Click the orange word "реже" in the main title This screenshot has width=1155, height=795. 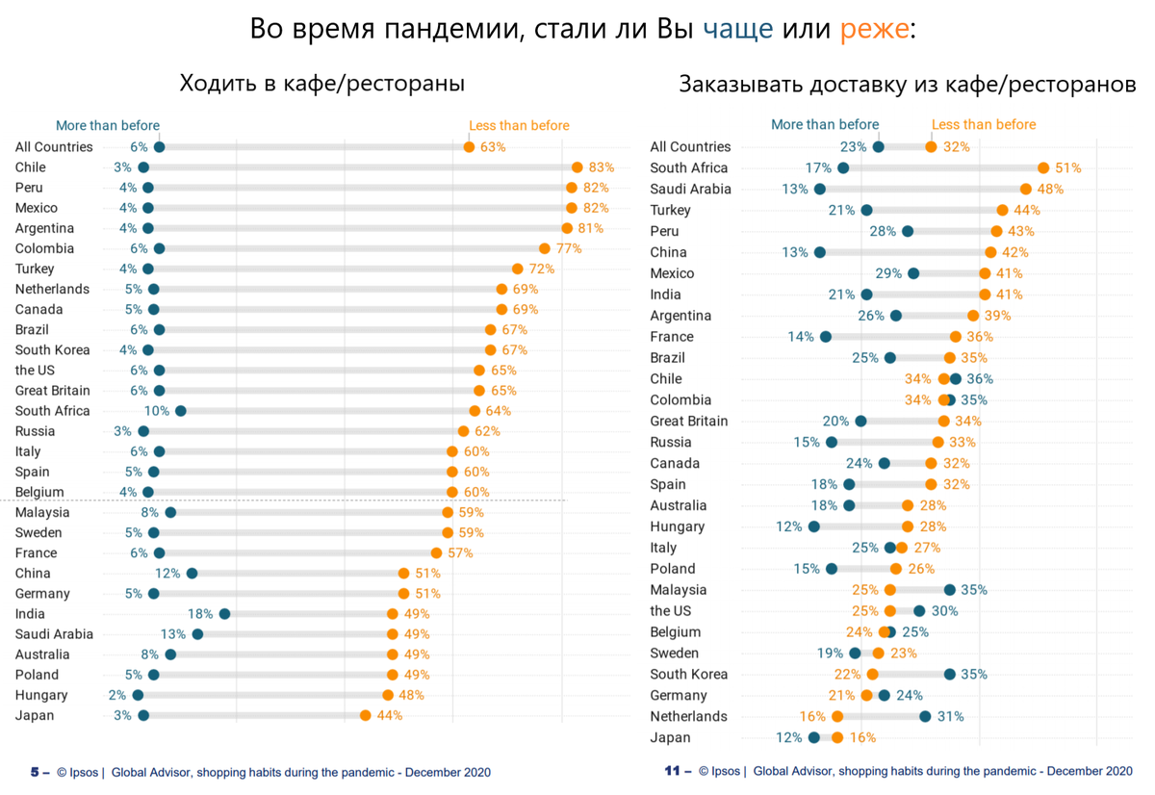(x=873, y=29)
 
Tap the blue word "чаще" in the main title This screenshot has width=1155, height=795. (x=738, y=29)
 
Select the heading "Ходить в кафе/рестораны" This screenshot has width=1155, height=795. (x=322, y=84)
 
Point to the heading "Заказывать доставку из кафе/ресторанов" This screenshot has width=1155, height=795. (x=907, y=84)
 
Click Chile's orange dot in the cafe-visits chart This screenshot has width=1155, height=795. (x=577, y=167)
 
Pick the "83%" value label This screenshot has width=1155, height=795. (x=602, y=167)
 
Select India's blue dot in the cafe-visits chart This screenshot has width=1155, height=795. (x=224, y=614)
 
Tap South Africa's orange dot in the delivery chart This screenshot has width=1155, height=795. (x=1043, y=168)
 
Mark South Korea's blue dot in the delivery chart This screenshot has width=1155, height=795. (x=950, y=675)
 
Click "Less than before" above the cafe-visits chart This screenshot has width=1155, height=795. (x=519, y=125)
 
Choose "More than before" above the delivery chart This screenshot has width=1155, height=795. (x=825, y=124)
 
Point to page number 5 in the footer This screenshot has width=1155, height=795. (x=36, y=772)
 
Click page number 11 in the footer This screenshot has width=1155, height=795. (x=673, y=771)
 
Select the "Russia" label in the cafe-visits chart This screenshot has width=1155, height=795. (x=36, y=431)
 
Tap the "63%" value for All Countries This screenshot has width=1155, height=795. (x=493, y=147)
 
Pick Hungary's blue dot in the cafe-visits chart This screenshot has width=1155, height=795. (x=138, y=695)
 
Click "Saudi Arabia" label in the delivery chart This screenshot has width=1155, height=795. (x=690, y=190)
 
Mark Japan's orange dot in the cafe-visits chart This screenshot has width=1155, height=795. (x=366, y=715)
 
